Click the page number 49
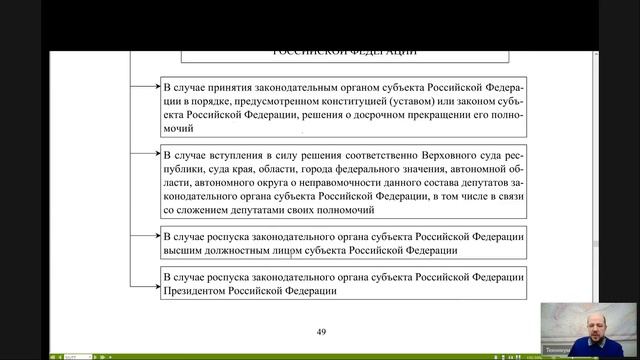(x=321, y=332)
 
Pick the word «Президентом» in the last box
(x=201, y=291)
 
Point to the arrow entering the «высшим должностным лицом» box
(x=150, y=236)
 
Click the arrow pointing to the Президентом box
(x=150, y=277)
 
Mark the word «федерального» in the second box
(x=371, y=170)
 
